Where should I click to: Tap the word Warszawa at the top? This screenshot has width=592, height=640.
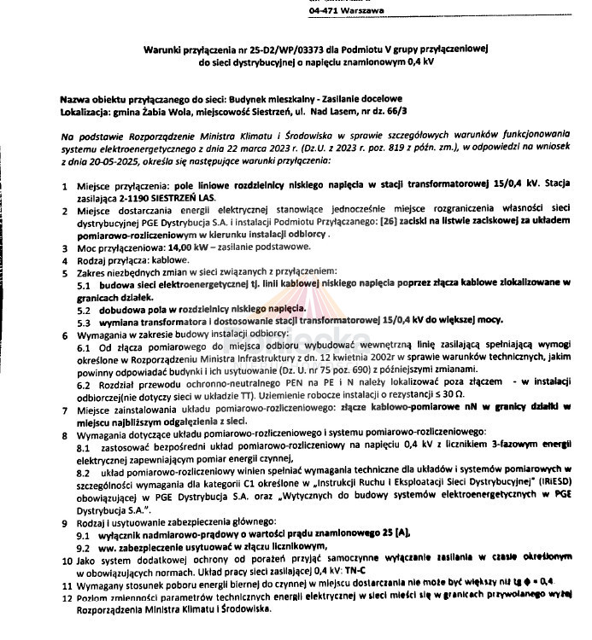coord(362,10)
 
